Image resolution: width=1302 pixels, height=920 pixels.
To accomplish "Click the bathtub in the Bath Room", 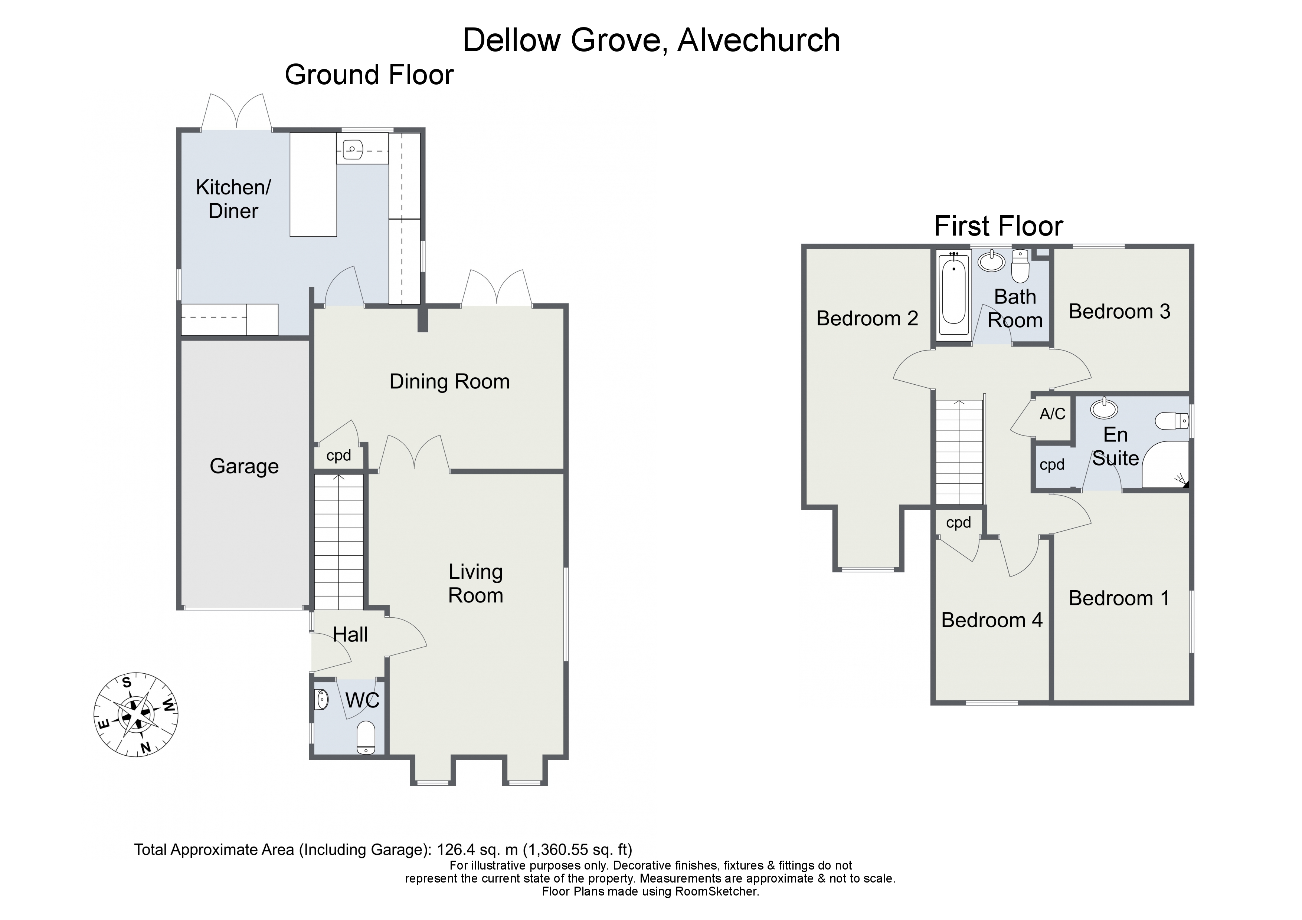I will coord(954,295).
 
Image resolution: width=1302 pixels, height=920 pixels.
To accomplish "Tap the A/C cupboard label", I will coord(1052,414).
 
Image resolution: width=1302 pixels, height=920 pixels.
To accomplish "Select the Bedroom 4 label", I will coord(991,620).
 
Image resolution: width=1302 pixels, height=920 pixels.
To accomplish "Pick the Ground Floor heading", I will coord(369,75).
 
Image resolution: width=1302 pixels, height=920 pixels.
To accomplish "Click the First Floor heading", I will coord(998,226).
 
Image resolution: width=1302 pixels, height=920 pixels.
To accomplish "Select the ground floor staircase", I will coord(338,541).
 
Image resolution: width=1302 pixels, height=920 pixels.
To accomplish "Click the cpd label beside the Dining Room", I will coord(338,456).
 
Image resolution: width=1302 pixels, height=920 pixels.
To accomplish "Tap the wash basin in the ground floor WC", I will coord(321,700).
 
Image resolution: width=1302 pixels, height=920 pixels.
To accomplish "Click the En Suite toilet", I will coord(1172,421).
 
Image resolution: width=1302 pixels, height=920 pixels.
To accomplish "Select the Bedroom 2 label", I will coord(867,319).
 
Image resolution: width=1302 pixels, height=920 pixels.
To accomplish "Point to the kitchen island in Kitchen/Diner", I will coord(313,184).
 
